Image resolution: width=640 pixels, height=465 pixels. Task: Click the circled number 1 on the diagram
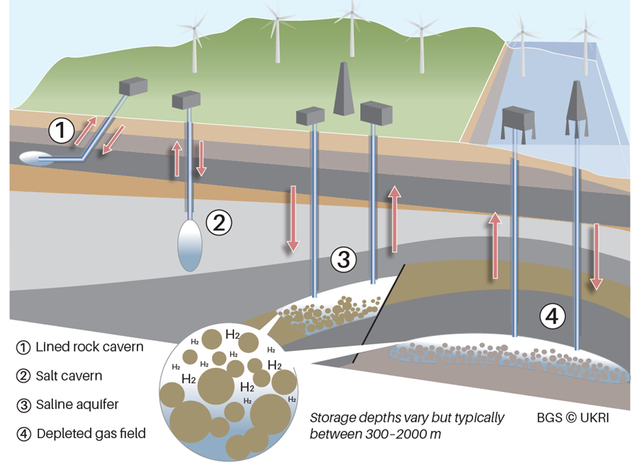pos(61,130)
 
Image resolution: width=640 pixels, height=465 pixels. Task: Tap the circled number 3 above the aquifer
pos(343,259)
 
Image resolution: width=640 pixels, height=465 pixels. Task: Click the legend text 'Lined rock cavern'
pos(89,347)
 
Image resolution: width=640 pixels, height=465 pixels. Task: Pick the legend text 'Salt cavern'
pos(69,376)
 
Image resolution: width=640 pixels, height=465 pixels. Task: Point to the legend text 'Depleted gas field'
pos(91,433)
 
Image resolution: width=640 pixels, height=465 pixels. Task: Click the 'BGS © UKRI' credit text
pos(573,418)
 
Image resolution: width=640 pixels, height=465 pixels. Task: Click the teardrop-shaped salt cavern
pos(190,245)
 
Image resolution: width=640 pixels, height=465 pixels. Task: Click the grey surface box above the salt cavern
pos(186,100)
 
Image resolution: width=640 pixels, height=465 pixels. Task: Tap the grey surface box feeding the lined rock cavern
pos(134,86)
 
